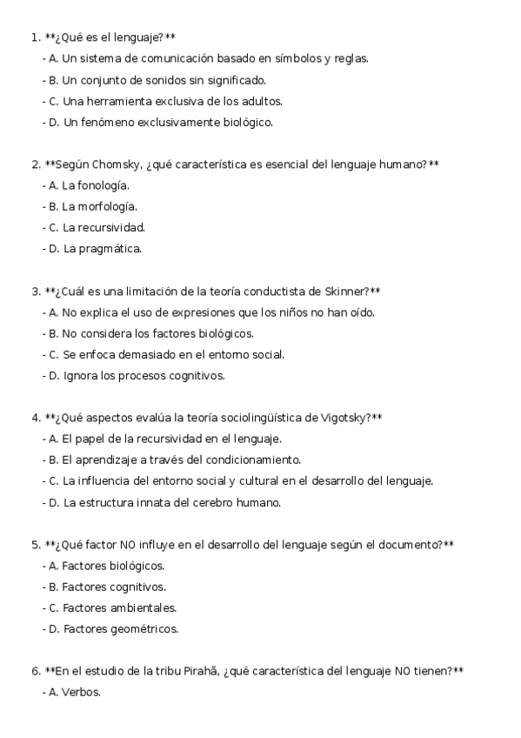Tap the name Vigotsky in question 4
tap(345, 418)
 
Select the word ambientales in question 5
tap(144, 607)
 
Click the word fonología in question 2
tap(104, 185)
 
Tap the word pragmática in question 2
tap(110, 249)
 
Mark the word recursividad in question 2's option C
tap(112, 228)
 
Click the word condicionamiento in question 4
tap(256, 460)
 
